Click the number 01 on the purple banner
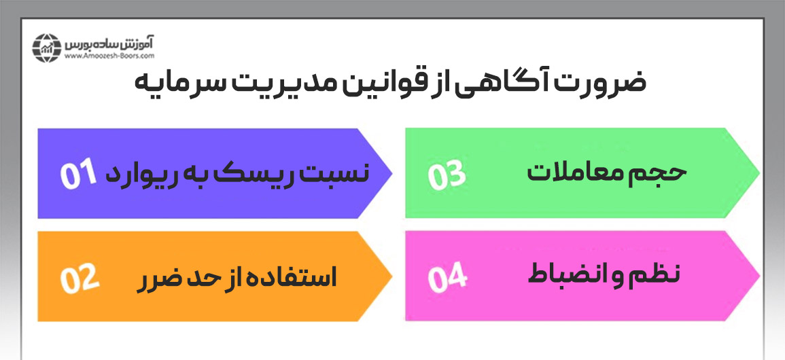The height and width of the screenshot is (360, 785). click(x=80, y=174)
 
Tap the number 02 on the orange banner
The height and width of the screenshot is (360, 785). click(x=80, y=278)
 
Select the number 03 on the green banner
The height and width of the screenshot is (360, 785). click(x=447, y=174)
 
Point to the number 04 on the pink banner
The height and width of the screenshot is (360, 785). click(x=447, y=278)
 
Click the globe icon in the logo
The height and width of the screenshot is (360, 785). click(x=47, y=47)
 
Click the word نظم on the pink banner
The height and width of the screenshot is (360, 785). click(x=659, y=276)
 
